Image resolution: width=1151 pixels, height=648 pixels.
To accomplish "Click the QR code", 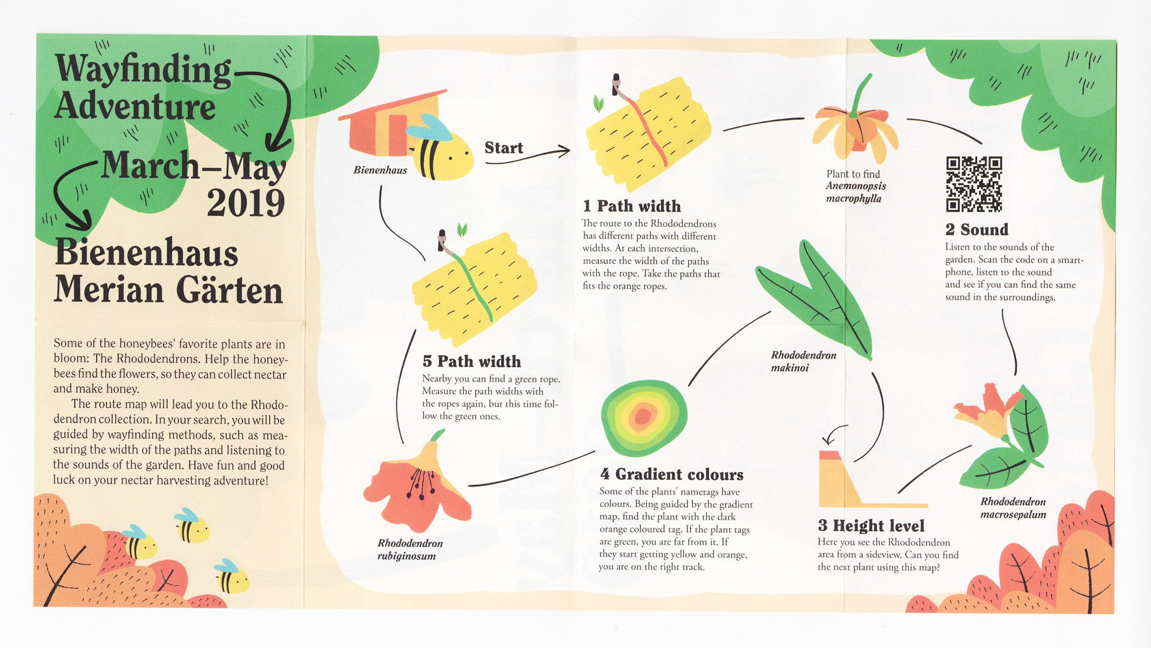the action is coord(974,184).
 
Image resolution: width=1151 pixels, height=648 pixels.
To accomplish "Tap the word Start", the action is coord(504,148).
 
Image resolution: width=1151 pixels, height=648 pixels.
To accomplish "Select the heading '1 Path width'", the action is coord(632,206).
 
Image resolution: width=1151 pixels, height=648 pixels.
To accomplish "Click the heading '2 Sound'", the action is coord(977,229).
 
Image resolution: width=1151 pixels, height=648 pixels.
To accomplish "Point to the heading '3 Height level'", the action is coord(871,526).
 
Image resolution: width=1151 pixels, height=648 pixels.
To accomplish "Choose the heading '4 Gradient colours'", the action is coord(671,474).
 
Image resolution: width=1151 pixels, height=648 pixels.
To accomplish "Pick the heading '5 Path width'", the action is coord(472,361).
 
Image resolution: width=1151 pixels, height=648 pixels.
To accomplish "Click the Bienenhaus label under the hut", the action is coord(380,170).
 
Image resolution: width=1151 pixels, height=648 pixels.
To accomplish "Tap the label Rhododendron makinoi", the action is coord(803,361).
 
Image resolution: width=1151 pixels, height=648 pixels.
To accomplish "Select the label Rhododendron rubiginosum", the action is coord(410,550).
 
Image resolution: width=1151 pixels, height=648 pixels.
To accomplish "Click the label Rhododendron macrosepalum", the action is coord(1013,508).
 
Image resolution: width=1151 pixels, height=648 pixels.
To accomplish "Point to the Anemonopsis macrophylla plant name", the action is coord(855,192).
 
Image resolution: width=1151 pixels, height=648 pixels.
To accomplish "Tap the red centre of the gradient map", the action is coord(643,415).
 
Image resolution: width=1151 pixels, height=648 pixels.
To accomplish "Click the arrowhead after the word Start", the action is coord(564,151).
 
